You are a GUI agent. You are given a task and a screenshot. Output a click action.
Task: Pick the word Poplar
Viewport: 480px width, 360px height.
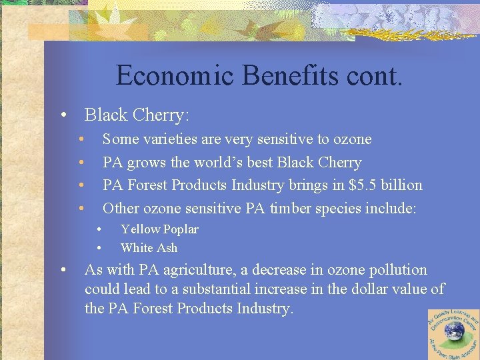(x=181, y=229)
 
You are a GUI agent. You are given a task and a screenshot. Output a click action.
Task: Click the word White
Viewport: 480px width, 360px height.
(x=137, y=248)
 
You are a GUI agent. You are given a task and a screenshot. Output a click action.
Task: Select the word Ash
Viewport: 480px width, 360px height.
(x=167, y=248)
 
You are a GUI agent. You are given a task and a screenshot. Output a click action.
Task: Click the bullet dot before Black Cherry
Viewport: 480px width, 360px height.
(x=62, y=115)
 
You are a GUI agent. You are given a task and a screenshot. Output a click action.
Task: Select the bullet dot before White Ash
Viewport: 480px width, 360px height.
(x=98, y=248)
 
